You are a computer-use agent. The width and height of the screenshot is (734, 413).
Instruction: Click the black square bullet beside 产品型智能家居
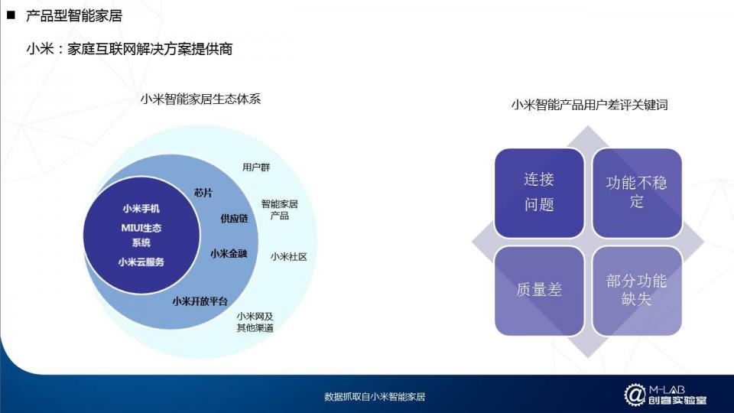click(11, 15)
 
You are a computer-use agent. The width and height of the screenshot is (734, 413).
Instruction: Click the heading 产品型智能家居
click(74, 15)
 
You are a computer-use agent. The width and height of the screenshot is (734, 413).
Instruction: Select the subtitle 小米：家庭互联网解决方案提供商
click(130, 49)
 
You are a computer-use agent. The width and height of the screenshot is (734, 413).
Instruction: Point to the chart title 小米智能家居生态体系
click(200, 99)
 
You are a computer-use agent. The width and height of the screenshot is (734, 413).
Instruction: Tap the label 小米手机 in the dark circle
click(141, 208)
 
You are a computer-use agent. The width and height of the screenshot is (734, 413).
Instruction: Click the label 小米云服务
click(141, 262)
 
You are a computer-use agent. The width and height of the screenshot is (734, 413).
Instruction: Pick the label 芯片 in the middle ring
click(203, 193)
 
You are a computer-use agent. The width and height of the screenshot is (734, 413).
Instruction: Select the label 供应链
click(234, 218)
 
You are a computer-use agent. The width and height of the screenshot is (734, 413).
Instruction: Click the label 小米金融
click(229, 254)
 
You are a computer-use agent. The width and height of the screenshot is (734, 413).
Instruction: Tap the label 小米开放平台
click(200, 301)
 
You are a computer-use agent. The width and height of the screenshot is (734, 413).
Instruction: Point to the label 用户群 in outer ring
click(256, 167)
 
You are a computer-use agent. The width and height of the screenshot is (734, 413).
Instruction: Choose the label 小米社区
click(289, 257)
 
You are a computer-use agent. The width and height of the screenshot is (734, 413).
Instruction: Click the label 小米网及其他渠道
click(255, 322)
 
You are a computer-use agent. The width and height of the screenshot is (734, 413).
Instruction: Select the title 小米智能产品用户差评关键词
click(589, 105)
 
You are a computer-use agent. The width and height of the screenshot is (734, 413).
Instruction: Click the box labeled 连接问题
click(539, 193)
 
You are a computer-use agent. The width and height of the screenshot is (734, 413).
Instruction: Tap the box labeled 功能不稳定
click(637, 193)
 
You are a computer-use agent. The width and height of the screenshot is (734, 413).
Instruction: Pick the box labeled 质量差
click(539, 291)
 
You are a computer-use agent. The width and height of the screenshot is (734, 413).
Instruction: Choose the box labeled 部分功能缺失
click(637, 291)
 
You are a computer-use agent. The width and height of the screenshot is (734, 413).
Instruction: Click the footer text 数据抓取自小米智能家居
click(375, 397)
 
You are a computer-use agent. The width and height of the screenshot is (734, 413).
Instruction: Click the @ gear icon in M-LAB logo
click(635, 395)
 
